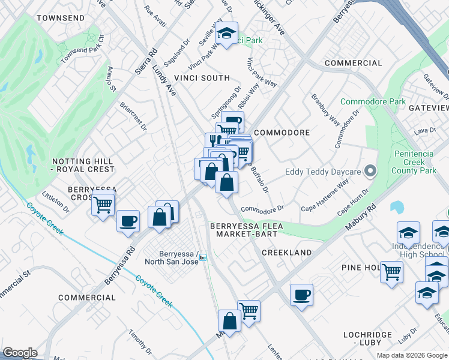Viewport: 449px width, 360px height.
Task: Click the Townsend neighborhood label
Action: (60, 19)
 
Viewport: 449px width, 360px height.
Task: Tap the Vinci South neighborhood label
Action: (202, 78)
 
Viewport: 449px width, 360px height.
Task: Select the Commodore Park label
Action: (373, 101)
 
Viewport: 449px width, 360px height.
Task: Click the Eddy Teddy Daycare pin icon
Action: (370, 172)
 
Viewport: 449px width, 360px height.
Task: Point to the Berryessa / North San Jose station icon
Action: (203, 257)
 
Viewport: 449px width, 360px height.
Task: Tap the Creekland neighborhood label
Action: (287, 253)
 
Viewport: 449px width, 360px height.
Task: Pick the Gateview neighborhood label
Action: (428, 107)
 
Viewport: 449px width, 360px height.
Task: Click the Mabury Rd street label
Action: (360, 218)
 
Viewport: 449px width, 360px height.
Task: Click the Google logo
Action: (20, 353)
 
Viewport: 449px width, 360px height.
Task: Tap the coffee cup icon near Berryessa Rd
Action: (128, 221)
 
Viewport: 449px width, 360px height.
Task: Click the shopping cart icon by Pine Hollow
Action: (391, 271)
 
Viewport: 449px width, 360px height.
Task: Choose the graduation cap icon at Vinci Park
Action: (226, 33)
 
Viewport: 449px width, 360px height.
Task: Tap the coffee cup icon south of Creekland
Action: (301, 294)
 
